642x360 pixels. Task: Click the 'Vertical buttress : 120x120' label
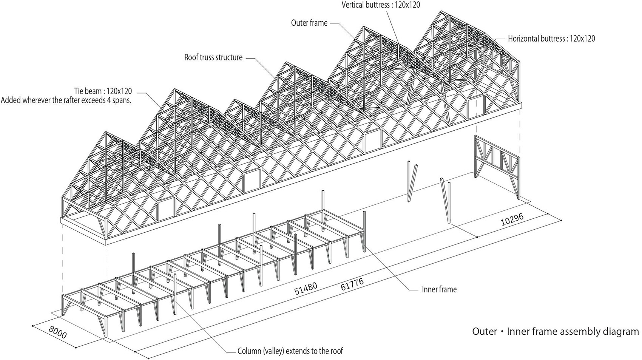(381, 5)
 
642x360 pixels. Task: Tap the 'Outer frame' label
(309, 23)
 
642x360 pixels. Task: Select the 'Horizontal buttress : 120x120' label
(551, 39)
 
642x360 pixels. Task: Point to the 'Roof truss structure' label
(213, 57)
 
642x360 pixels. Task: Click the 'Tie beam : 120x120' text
(103, 91)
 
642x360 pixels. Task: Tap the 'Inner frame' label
(439, 289)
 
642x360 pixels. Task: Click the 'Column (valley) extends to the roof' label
(290, 351)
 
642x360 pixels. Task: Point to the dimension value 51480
(306, 288)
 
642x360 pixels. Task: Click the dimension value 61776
(352, 284)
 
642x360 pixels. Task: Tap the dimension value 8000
(57, 332)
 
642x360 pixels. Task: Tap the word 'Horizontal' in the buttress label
(523, 39)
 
